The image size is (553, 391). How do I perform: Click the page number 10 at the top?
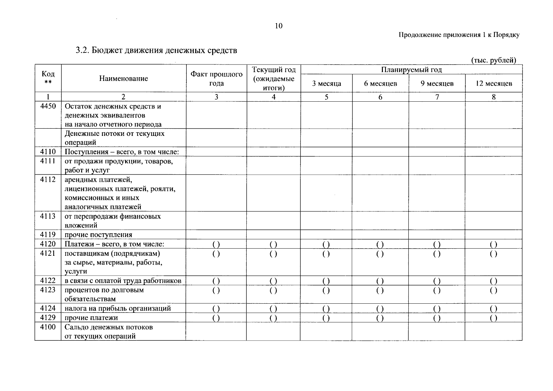[x=279, y=26]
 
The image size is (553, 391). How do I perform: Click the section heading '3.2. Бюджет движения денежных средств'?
[x=156, y=51]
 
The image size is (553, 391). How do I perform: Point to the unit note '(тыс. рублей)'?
[x=493, y=60]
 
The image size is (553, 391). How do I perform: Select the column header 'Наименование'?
[x=124, y=79]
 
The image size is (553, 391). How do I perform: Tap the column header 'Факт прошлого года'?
[x=216, y=79]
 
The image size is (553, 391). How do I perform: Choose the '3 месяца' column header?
[x=327, y=83]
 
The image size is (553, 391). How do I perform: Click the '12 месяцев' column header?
[x=494, y=83]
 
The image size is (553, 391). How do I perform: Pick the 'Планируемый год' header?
[x=412, y=70]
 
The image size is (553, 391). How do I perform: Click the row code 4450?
[x=48, y=106]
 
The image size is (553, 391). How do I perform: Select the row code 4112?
[x=48, y=180]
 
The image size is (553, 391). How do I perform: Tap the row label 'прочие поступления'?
[x=98, y=235]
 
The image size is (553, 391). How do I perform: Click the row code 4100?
[x=48, y=327]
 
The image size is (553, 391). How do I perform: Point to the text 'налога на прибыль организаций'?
[x=118, y=308]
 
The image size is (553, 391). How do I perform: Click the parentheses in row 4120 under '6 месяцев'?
[x=380, y=244]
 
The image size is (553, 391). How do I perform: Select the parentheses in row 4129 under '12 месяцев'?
[x=494, y=318]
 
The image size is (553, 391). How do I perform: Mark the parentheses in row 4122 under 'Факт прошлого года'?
[x=216, y=281]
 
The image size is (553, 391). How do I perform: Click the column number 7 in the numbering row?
[x=437, y=97]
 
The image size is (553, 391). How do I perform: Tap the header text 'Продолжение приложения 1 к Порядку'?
[x=459, y=35]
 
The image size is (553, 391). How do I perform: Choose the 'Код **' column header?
[x=48, y=78]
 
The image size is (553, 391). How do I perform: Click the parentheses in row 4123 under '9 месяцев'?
[x=437, y=290]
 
